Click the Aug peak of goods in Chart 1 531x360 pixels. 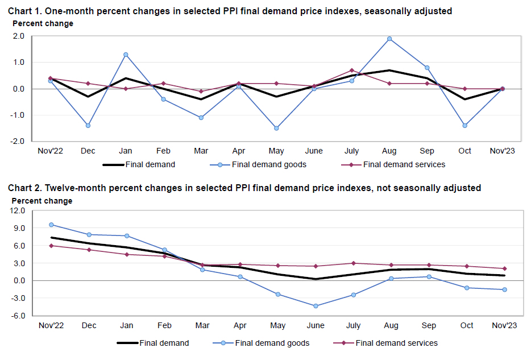[389, 39]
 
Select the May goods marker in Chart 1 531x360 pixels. [276, 128]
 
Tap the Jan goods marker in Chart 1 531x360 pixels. [126, 55]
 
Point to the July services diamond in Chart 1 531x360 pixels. [352, 70]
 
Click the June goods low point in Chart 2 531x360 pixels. [316, 306]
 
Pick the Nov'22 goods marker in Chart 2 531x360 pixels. [51, 225]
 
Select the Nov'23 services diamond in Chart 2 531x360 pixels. [504, 268]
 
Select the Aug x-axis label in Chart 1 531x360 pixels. [389, 151]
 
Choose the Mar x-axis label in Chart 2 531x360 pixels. [202, 325]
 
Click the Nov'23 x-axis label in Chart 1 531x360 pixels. [503, 151]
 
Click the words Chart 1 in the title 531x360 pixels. [24, 11]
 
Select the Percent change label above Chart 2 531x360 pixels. [42, 201]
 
